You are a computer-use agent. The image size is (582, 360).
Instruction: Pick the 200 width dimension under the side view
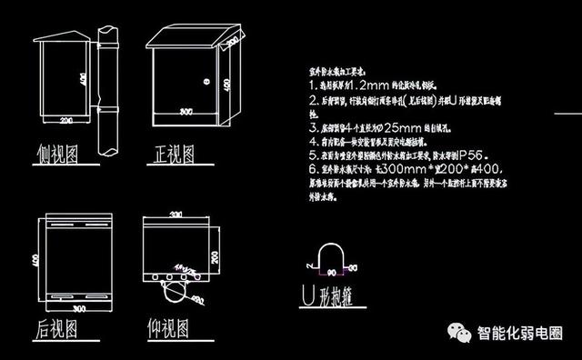(x=65, y=120)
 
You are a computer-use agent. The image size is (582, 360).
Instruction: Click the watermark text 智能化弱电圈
(x=520, y=333)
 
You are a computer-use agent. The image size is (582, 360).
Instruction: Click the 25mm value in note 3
(x=393, y=128)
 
